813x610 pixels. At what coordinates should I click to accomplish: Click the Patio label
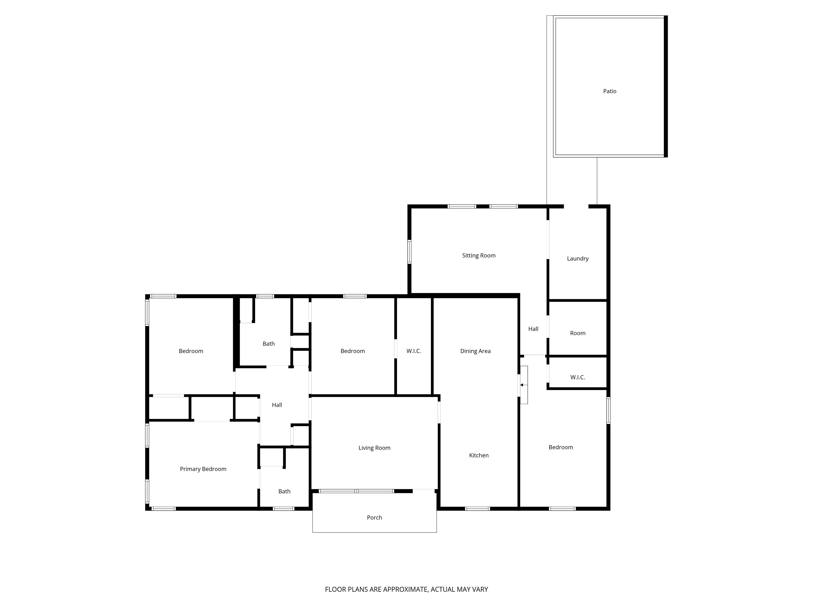coord(609,91)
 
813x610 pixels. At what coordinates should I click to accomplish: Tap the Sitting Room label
coord(478,255)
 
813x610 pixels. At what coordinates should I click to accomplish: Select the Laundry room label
coord(577,258)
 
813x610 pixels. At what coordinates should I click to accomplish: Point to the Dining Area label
coord(475,351)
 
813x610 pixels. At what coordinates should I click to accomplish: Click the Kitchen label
coord(478,455)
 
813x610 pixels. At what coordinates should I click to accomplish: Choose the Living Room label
coord(374,448)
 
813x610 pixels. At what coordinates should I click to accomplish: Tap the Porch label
coord(374,517)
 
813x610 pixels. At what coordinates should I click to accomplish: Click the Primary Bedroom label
coord(203,469)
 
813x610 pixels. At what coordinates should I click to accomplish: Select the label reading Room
coord(577,333)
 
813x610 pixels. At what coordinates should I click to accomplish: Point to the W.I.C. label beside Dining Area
coord(413,351)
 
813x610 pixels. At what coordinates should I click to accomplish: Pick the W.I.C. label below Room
coord(577,377)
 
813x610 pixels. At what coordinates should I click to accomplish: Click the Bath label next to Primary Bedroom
coord(284,491)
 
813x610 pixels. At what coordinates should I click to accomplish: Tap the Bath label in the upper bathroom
coord(268,344)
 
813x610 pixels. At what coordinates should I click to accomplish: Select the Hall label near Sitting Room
coord(533,329)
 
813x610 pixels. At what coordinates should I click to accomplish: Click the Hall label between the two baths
coord(277,405)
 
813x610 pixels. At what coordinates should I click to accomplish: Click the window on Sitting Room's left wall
coord(409,252)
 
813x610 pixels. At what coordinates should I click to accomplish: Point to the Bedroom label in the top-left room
coord(191,351)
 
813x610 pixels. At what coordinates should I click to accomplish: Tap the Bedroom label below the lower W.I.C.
coord(561,447)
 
